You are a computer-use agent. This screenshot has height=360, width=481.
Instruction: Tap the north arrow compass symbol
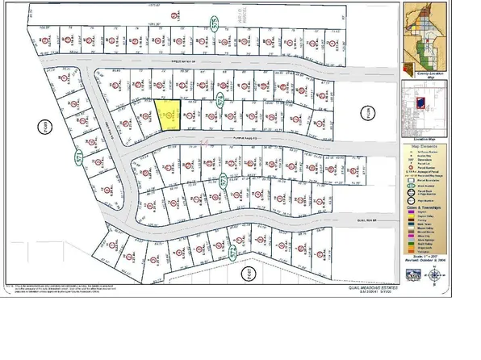[x=435, y=274]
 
